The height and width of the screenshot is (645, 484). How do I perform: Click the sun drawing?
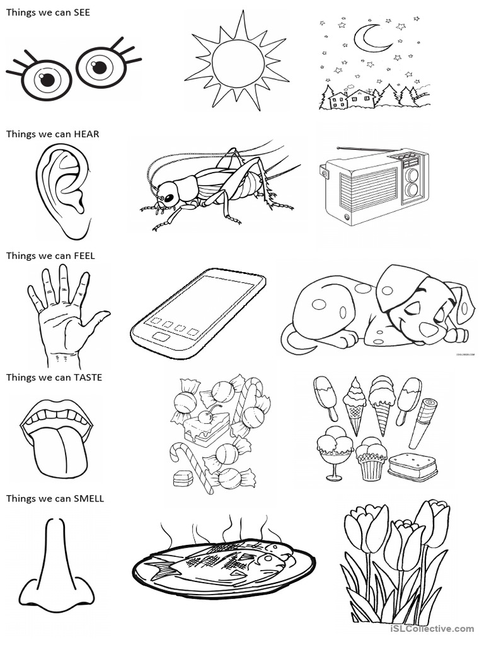coord(237,61)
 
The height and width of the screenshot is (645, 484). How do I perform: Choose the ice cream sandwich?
coord(413,467)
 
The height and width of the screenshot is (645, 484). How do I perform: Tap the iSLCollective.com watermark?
coord(432,628)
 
